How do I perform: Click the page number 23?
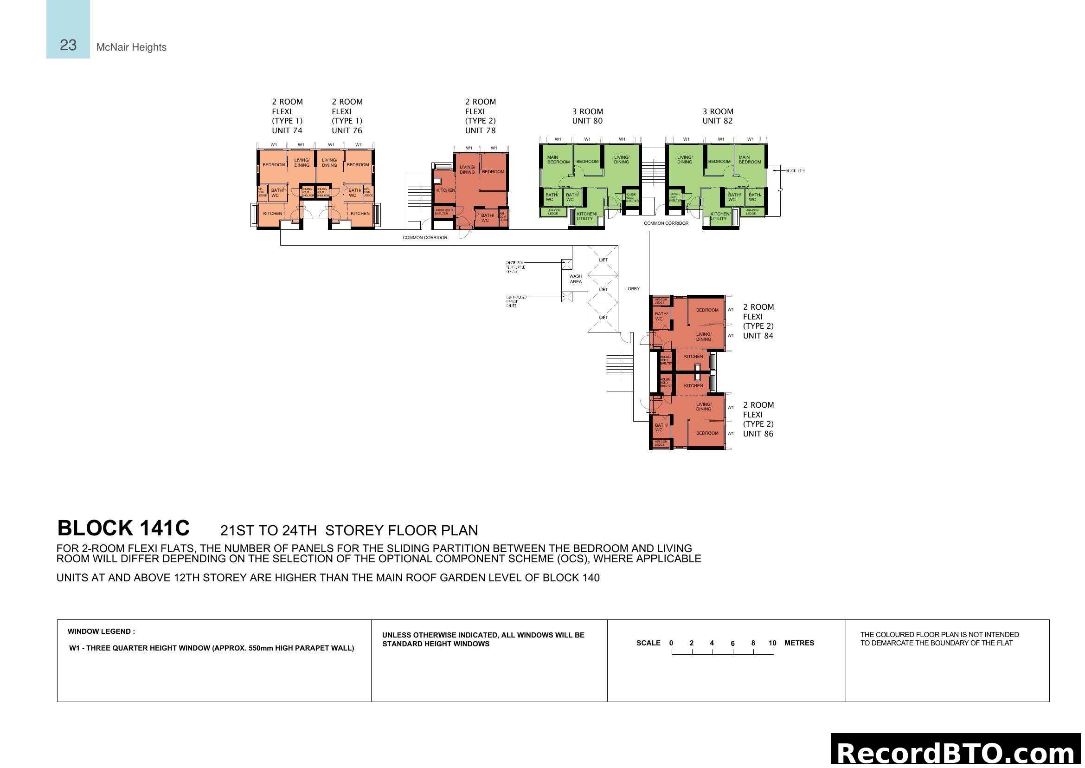pyautogui.click(x=68, y=45)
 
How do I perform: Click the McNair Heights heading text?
pyautogui.click(x=131, y=47)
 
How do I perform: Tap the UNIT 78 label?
pyautogui.click(x=480, y=130)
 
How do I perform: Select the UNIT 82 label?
pyautogui.click(x=717, y=121)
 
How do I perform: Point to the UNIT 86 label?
pyautogui.click(x=758, y=434)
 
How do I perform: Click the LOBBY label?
pyautogui.click(x=632, y=289)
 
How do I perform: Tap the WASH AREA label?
pyautogui.click(x=576, y=279)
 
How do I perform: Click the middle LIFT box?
pyautogui.click(x=603, y=289)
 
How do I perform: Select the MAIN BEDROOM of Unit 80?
pyautogui.click(x=558, y=160)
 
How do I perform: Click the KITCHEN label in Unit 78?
pyautogui.click(x=445, y=190)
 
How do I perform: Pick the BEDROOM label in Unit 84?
pyautogui.click(x=707, y=310)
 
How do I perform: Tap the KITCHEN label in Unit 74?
pyautogui.click(x=273, y=214)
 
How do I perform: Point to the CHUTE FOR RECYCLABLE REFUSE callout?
pyautogui.click(x=515, y=267)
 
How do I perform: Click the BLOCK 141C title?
pyautogui.click(x=123, y=529)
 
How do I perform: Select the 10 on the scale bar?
pyautogui.click(x=772, y=643)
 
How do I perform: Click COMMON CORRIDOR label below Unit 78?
pyautogui.click(x=425, y=238)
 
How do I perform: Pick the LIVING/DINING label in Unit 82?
pyautogui.click(x=684, y=160)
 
